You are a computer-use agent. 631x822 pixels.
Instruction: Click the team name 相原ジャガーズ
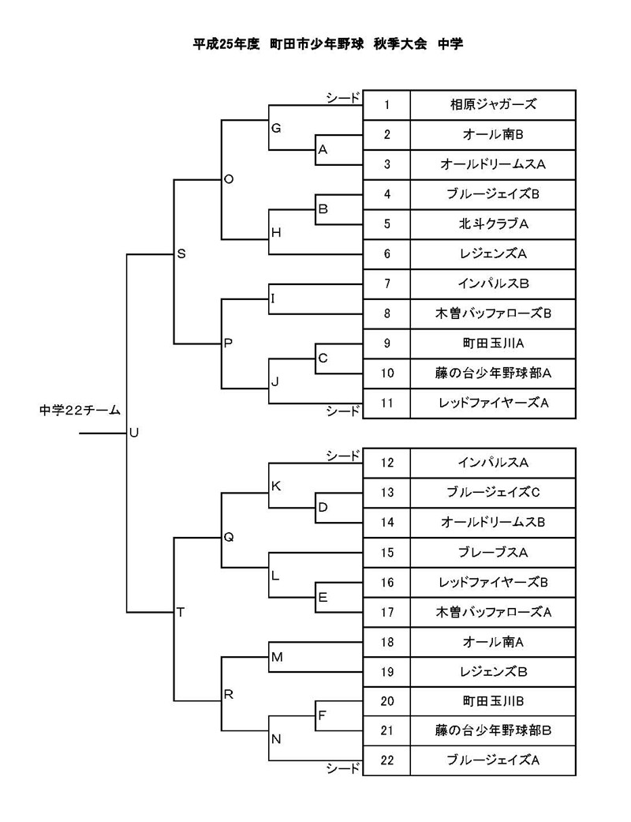[x=493, y=104]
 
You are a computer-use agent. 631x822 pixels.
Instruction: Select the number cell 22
[x=386, y=760]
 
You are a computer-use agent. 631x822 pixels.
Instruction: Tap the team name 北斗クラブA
[x=493, y=223]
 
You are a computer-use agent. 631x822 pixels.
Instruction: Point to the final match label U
[x=133, y=433]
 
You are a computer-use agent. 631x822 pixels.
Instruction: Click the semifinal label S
[x=181, y=254]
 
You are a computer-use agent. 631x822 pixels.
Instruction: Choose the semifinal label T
[x=181, y=612]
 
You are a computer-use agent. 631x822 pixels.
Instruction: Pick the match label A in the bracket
[x=323, y=150]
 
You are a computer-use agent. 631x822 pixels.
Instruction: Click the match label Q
[x=228, y=538]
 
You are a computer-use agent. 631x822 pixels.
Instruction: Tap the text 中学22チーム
[x=80, y=411]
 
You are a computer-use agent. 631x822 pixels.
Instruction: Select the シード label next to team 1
[x=343, y=98]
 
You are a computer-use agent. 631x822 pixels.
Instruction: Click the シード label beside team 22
[x=343, y=768]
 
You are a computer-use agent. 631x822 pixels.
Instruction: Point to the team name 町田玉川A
[x=493, y=343]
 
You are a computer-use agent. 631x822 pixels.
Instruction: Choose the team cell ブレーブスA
[x=493, y=553]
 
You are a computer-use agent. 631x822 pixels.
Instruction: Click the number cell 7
[x=386, y=283]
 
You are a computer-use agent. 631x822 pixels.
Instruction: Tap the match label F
[x=322, y=715]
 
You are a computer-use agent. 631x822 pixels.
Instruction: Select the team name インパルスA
[x=493, y=463]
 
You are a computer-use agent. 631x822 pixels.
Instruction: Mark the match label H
[x=276, y=233]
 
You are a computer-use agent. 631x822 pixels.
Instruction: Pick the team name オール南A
[x=493, y=642]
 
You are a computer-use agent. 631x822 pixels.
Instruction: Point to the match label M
[x=277, y=658]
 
